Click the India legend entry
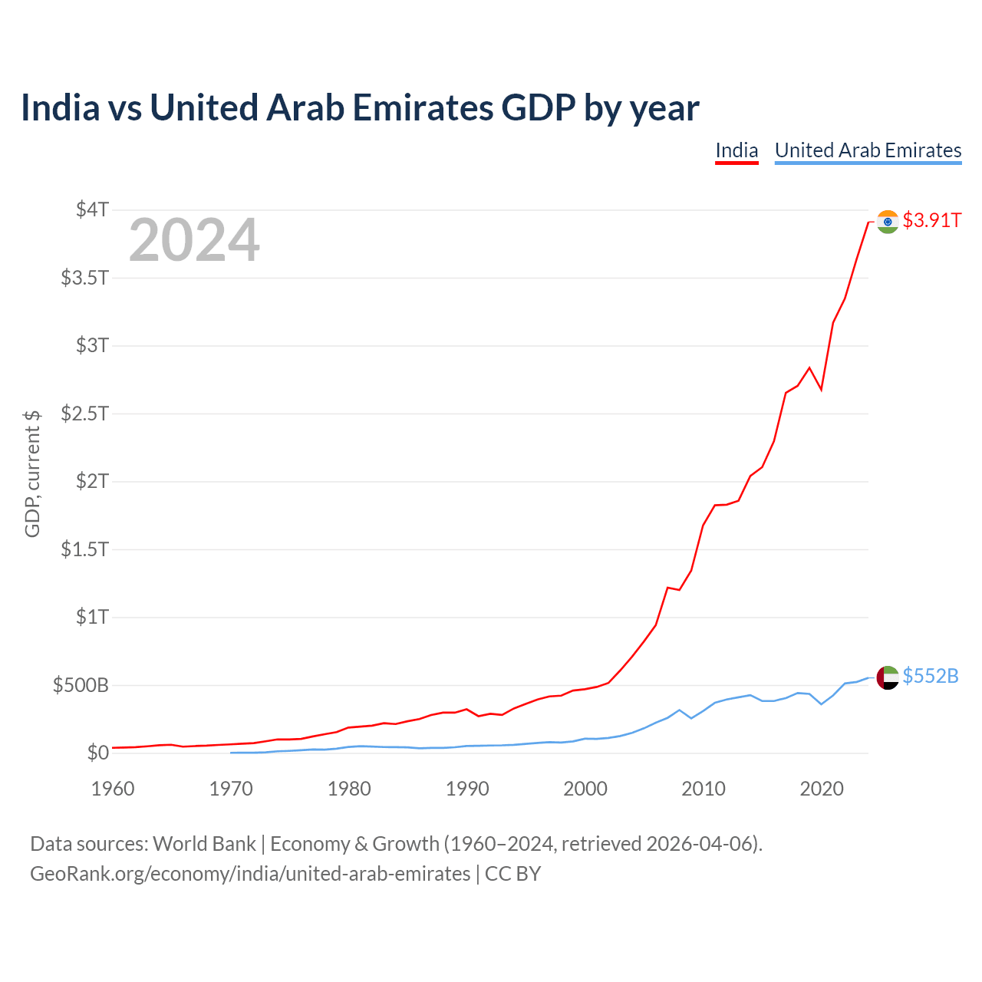coord(736,151)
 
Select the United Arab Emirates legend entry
coord(868,151)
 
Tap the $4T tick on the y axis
coord(92,209)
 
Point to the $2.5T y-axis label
coord(84,414)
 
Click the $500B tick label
coord(81,685)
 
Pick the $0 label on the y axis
coord(98,753)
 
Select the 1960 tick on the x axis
coord(113,789)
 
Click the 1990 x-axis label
coord(467,789)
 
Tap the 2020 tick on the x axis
coord(822,789)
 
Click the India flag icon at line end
coord(887,222)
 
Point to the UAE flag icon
coord(887,677)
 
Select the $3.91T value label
coord(931,221)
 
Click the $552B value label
coord(931,676)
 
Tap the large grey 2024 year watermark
coord(194,239)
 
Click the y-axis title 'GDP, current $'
coord(32,474)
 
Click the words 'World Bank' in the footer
coord(204,844)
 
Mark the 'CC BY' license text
coord(512,874)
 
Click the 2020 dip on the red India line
coord(821,390)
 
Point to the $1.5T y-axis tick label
coord(84,549)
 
